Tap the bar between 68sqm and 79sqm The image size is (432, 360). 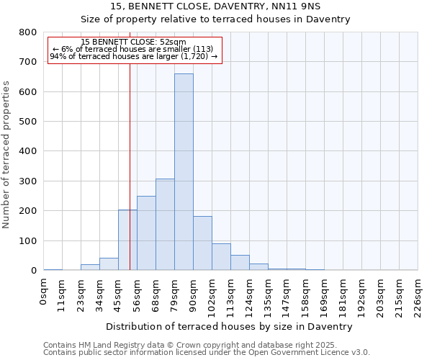coord(165,224)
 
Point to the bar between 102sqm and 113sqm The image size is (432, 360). coord(221,256)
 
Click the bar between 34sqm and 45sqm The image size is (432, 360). coord(109,264)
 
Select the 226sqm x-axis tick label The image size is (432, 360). coord(418,294)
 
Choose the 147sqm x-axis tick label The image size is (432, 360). coord(287,294)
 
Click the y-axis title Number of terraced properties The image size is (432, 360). coord(8,154)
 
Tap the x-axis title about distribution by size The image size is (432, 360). coord(230,326)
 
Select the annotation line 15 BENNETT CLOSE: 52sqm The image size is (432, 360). coord(134,42)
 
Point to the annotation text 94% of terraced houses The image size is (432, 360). coord(134,56)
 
